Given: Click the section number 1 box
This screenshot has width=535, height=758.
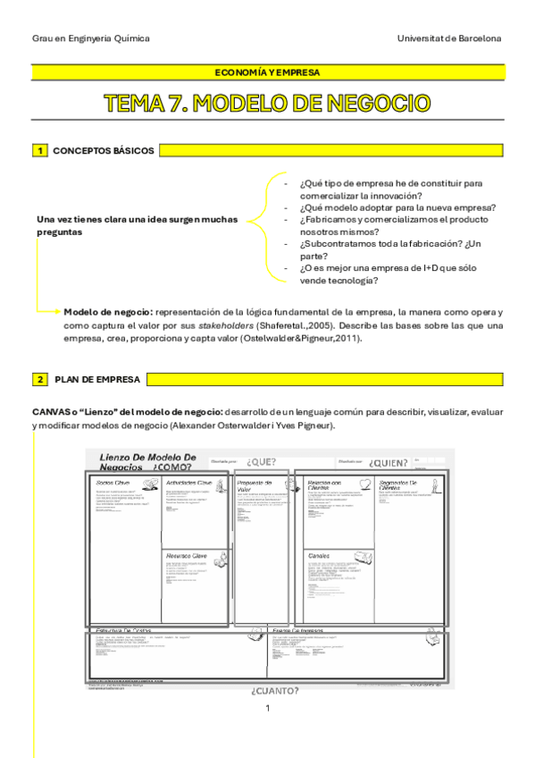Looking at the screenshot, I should tap(39, 151).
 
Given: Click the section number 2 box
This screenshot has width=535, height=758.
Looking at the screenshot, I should tap(39, 380).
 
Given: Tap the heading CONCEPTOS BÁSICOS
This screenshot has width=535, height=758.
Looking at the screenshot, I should tap(104, 151).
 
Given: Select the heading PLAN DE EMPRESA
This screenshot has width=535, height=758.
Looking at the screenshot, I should tap(96, 380).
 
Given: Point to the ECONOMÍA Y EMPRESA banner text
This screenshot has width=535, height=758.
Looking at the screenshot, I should tap(267, 72).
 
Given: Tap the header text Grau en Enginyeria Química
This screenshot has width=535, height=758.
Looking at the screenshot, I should tap(90, 39).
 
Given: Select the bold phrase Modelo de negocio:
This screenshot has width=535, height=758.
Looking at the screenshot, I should tap(108, 312).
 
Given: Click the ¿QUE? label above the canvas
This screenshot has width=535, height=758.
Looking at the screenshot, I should tap(263, 462).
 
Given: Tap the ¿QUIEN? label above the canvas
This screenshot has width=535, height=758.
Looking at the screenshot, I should tap(390, 462).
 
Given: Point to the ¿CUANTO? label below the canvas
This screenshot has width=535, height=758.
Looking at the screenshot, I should tap(275, 690).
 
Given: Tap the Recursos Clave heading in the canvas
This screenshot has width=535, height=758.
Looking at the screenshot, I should tap(187, 555).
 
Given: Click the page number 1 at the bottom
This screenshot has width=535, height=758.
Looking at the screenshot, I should tap(267, 709).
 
